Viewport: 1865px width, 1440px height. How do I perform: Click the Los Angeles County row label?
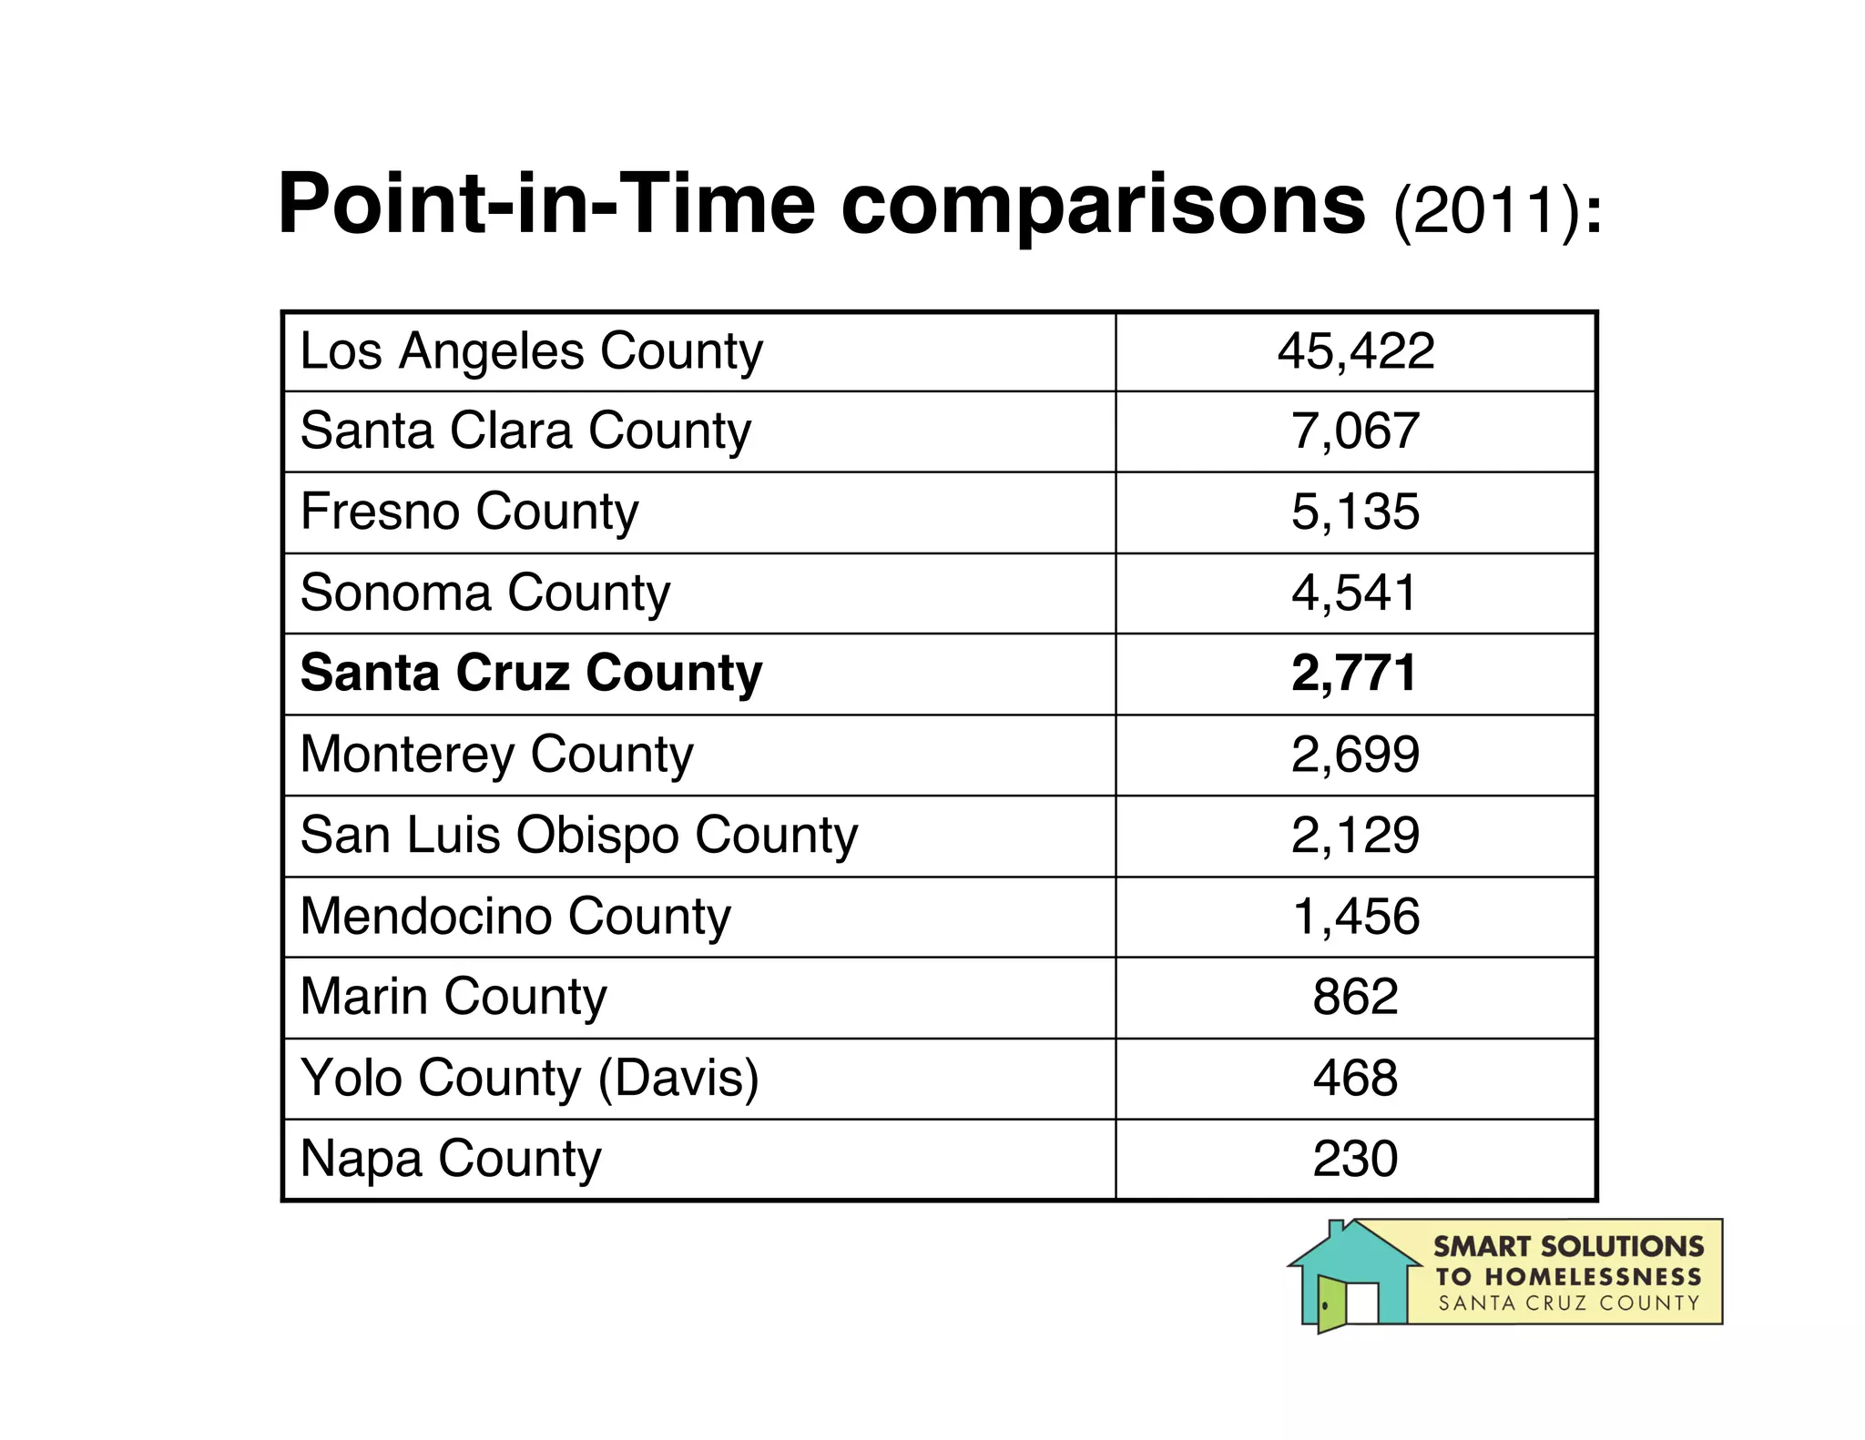531,351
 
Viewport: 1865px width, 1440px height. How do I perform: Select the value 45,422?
1355,351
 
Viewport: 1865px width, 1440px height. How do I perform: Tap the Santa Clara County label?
525,431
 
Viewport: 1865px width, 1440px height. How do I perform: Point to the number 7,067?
1355,431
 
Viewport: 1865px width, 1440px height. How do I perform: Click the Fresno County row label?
469,512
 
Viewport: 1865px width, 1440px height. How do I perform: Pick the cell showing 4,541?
1355,593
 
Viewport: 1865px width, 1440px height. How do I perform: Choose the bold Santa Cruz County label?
531,674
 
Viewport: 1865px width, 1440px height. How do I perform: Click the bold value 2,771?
1355,674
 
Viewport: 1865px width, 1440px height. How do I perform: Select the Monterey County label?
496,755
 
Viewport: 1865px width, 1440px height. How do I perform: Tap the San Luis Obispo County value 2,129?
1355,835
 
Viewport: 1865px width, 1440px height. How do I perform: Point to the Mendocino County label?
515,916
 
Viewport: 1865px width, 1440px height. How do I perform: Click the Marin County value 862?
1355,997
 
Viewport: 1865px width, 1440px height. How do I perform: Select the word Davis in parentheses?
678,1078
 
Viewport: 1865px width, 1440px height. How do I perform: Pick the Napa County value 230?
1355,1159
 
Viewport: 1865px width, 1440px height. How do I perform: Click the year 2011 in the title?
1483,211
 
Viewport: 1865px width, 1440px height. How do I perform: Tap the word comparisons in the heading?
1103,204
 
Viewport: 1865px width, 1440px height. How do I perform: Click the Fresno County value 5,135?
1355,512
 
